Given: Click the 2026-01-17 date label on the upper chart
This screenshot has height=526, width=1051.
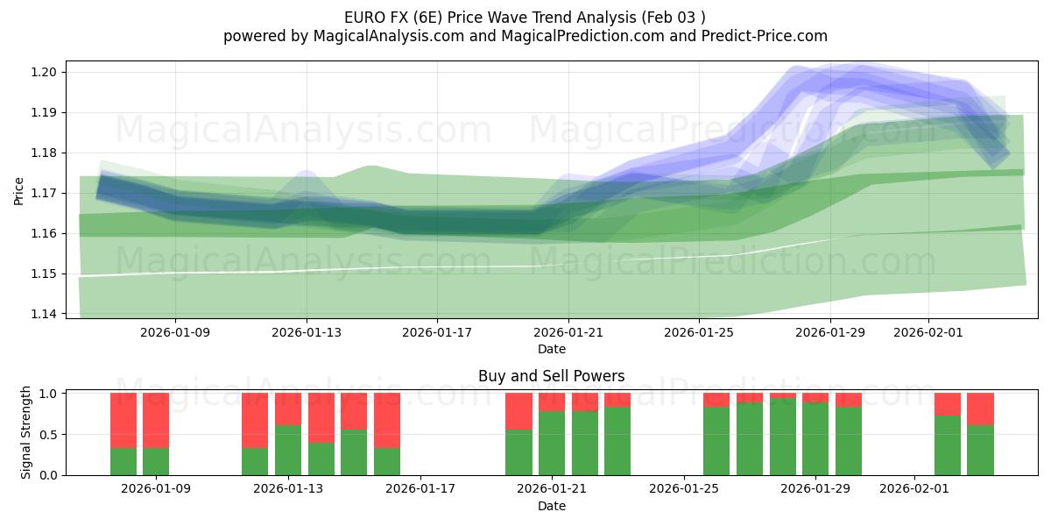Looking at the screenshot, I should click(x=437, y=332).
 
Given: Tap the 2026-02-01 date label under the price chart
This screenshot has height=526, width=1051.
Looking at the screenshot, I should click(x=928, y=332).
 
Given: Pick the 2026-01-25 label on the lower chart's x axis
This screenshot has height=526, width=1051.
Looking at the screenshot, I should click(x=683, y=489).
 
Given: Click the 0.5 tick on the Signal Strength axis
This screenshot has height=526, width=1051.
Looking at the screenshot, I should click(x=50, y=434).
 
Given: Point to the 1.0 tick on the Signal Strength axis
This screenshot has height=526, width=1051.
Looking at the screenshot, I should click(x=50, y=394).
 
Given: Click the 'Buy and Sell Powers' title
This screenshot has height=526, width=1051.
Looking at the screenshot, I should click(x=551, y=376).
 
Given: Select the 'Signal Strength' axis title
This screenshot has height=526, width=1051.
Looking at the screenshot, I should click(x=26, y=432).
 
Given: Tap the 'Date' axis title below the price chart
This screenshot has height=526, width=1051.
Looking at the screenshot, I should click(x=551, y=349).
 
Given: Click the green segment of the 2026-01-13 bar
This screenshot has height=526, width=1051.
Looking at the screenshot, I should click(x=288, y=450).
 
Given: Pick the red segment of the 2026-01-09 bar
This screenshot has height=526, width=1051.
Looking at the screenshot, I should click(x=156, y=420).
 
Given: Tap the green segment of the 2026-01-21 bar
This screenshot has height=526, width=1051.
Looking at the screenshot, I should click(x=552, y=443).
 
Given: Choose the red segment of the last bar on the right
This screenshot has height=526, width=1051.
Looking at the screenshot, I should click(x=980, y=409).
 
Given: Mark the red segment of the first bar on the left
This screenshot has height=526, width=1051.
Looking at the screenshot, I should click(x=123, y=420).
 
